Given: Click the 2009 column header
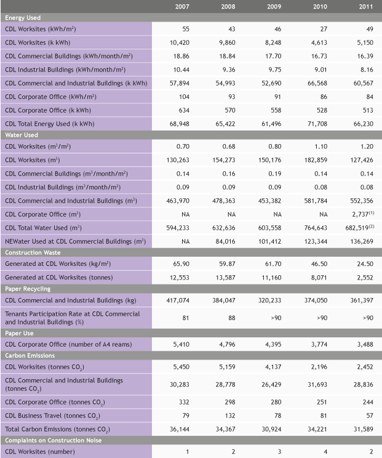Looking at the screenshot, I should (274, 6).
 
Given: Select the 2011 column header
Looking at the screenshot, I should (366, 6).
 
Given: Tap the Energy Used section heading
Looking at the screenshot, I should (22, 18).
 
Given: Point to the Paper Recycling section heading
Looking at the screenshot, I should (28, 288).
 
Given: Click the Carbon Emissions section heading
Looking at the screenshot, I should (30, 355).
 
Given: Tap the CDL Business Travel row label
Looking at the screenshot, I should (52, 415).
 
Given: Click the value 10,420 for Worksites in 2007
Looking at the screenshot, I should (179, 42).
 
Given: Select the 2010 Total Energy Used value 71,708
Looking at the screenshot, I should (317, 124).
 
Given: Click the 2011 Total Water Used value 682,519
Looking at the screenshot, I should (360, 228).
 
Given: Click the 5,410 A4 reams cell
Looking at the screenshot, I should (179, 343).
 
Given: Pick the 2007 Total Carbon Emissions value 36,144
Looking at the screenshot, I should (179, 428).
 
